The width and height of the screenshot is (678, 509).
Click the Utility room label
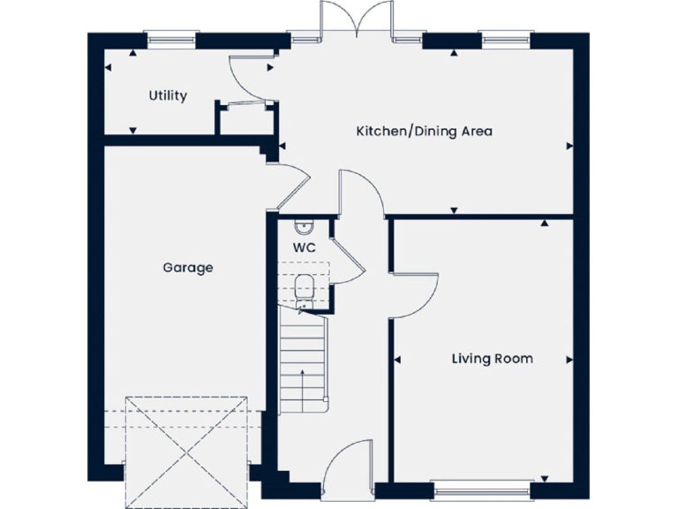pos(168,95)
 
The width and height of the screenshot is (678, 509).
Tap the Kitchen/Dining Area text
pos(424,132)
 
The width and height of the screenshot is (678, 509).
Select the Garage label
pos(187,267)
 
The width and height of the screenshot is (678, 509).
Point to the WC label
pos(304,247)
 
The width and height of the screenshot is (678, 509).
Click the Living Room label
pos(492,359)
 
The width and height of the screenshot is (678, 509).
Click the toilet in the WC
pos(305,286)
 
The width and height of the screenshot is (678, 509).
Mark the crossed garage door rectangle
pos(185,452)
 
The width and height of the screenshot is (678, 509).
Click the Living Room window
pos(481,488)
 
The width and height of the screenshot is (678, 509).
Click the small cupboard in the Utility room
pos(245,119)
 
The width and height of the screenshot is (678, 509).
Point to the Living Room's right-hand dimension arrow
pos(569,360)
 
